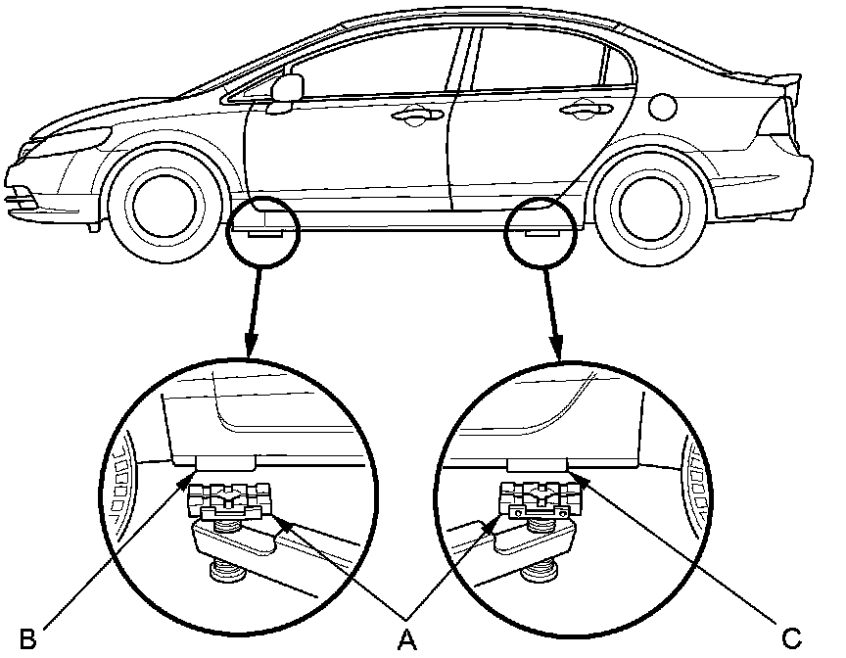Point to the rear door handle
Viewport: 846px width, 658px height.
581,108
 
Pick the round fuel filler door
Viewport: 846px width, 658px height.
663,103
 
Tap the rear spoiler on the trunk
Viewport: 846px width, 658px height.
774,83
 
